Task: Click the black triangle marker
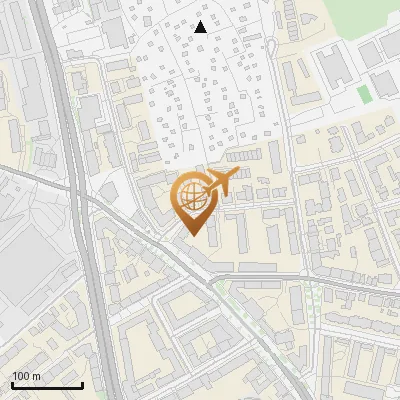point(201,27)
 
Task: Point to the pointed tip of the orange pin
point(191,235)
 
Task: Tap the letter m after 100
point(36,376)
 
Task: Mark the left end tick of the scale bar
point(11,384)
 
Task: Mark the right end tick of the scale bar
point(82,384)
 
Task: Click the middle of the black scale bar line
point(46,386)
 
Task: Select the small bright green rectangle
point(363,95)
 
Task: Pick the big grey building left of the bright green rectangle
point(336,66)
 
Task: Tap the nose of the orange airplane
point(236,176)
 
